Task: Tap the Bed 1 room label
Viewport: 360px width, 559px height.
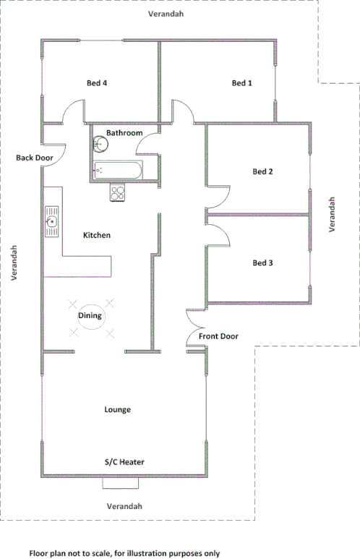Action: [x=242, y=83]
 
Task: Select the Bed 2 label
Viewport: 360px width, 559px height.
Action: [x=262, y=172]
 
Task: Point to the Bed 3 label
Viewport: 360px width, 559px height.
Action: [x=262, y=263]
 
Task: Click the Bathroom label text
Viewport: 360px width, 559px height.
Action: [x=124, y=134]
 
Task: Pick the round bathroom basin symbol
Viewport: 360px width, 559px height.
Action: [x=101, y=144]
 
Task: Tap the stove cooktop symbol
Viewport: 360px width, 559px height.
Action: [x=118, y=192]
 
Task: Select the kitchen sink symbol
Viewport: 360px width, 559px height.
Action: [x=52, y=221]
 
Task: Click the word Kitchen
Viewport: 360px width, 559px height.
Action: [x=97, y=236]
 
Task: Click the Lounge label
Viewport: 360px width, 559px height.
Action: [x=117, y=410]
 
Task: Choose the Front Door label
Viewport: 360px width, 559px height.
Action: [x=218, y=336]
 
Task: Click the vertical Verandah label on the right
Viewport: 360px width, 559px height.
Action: [x=333, y=214]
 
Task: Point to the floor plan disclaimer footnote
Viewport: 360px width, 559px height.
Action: [x=124, y=552]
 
